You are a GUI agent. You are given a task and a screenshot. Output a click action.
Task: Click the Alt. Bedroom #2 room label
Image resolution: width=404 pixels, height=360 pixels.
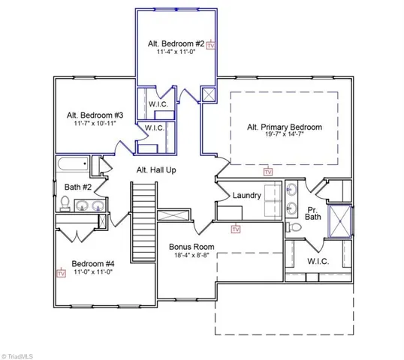coord(175,43)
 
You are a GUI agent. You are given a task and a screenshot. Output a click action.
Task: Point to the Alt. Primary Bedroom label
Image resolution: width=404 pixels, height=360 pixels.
coord(284,127)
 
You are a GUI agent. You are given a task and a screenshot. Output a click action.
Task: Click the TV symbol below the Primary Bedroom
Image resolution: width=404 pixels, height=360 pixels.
coord(267,172)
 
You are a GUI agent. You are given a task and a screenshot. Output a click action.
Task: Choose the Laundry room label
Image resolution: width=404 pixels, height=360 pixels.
coord(246,196)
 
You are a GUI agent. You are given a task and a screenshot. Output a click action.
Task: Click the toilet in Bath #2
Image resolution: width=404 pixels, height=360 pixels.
coord(65,202)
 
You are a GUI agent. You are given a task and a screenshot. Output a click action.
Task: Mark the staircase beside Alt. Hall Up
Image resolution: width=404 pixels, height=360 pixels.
coord(143,212)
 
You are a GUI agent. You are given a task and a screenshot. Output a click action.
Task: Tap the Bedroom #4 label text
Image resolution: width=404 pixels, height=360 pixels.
coord(93,263)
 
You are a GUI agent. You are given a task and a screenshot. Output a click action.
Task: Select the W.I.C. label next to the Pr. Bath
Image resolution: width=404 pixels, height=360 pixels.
coord(321,262)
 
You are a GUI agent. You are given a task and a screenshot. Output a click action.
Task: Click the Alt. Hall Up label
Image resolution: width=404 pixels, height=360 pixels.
coord(156,170)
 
